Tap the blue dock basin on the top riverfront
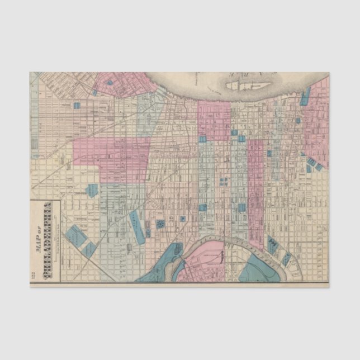[x=305, y=96]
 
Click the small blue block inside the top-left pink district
[x=110, y=83]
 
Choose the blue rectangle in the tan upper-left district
[x=76, y=105]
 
